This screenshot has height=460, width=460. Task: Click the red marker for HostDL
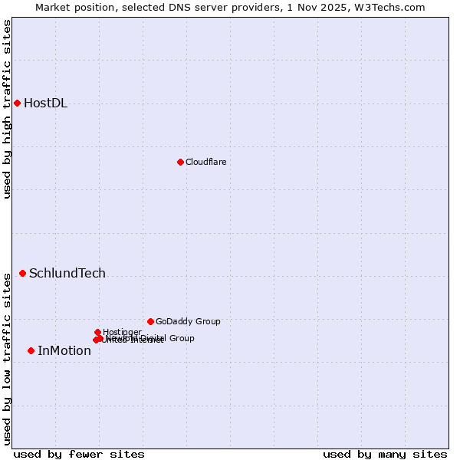point(17,103)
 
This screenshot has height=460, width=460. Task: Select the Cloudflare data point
point(180,162)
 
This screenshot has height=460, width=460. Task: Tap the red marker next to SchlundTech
point(22,273)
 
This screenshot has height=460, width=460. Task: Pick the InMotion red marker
point(31,350)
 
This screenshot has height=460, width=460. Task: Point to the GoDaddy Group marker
point(150,321)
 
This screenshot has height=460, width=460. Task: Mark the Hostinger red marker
point(97,332)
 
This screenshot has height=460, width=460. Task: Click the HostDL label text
point(45,103)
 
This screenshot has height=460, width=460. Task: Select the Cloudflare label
point(205,162)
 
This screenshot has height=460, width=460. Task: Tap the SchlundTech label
point(67,274)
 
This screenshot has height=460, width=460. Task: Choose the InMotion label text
point(64,351)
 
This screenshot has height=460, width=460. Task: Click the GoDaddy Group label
point(188,322)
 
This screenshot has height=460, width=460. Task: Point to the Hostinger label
point(122,332)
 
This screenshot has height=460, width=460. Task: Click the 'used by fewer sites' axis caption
point(79,454)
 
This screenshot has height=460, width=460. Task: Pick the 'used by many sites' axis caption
point(385,454)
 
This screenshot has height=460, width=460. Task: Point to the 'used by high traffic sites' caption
point(7,109)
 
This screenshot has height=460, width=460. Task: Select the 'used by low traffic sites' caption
point(7,359)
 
